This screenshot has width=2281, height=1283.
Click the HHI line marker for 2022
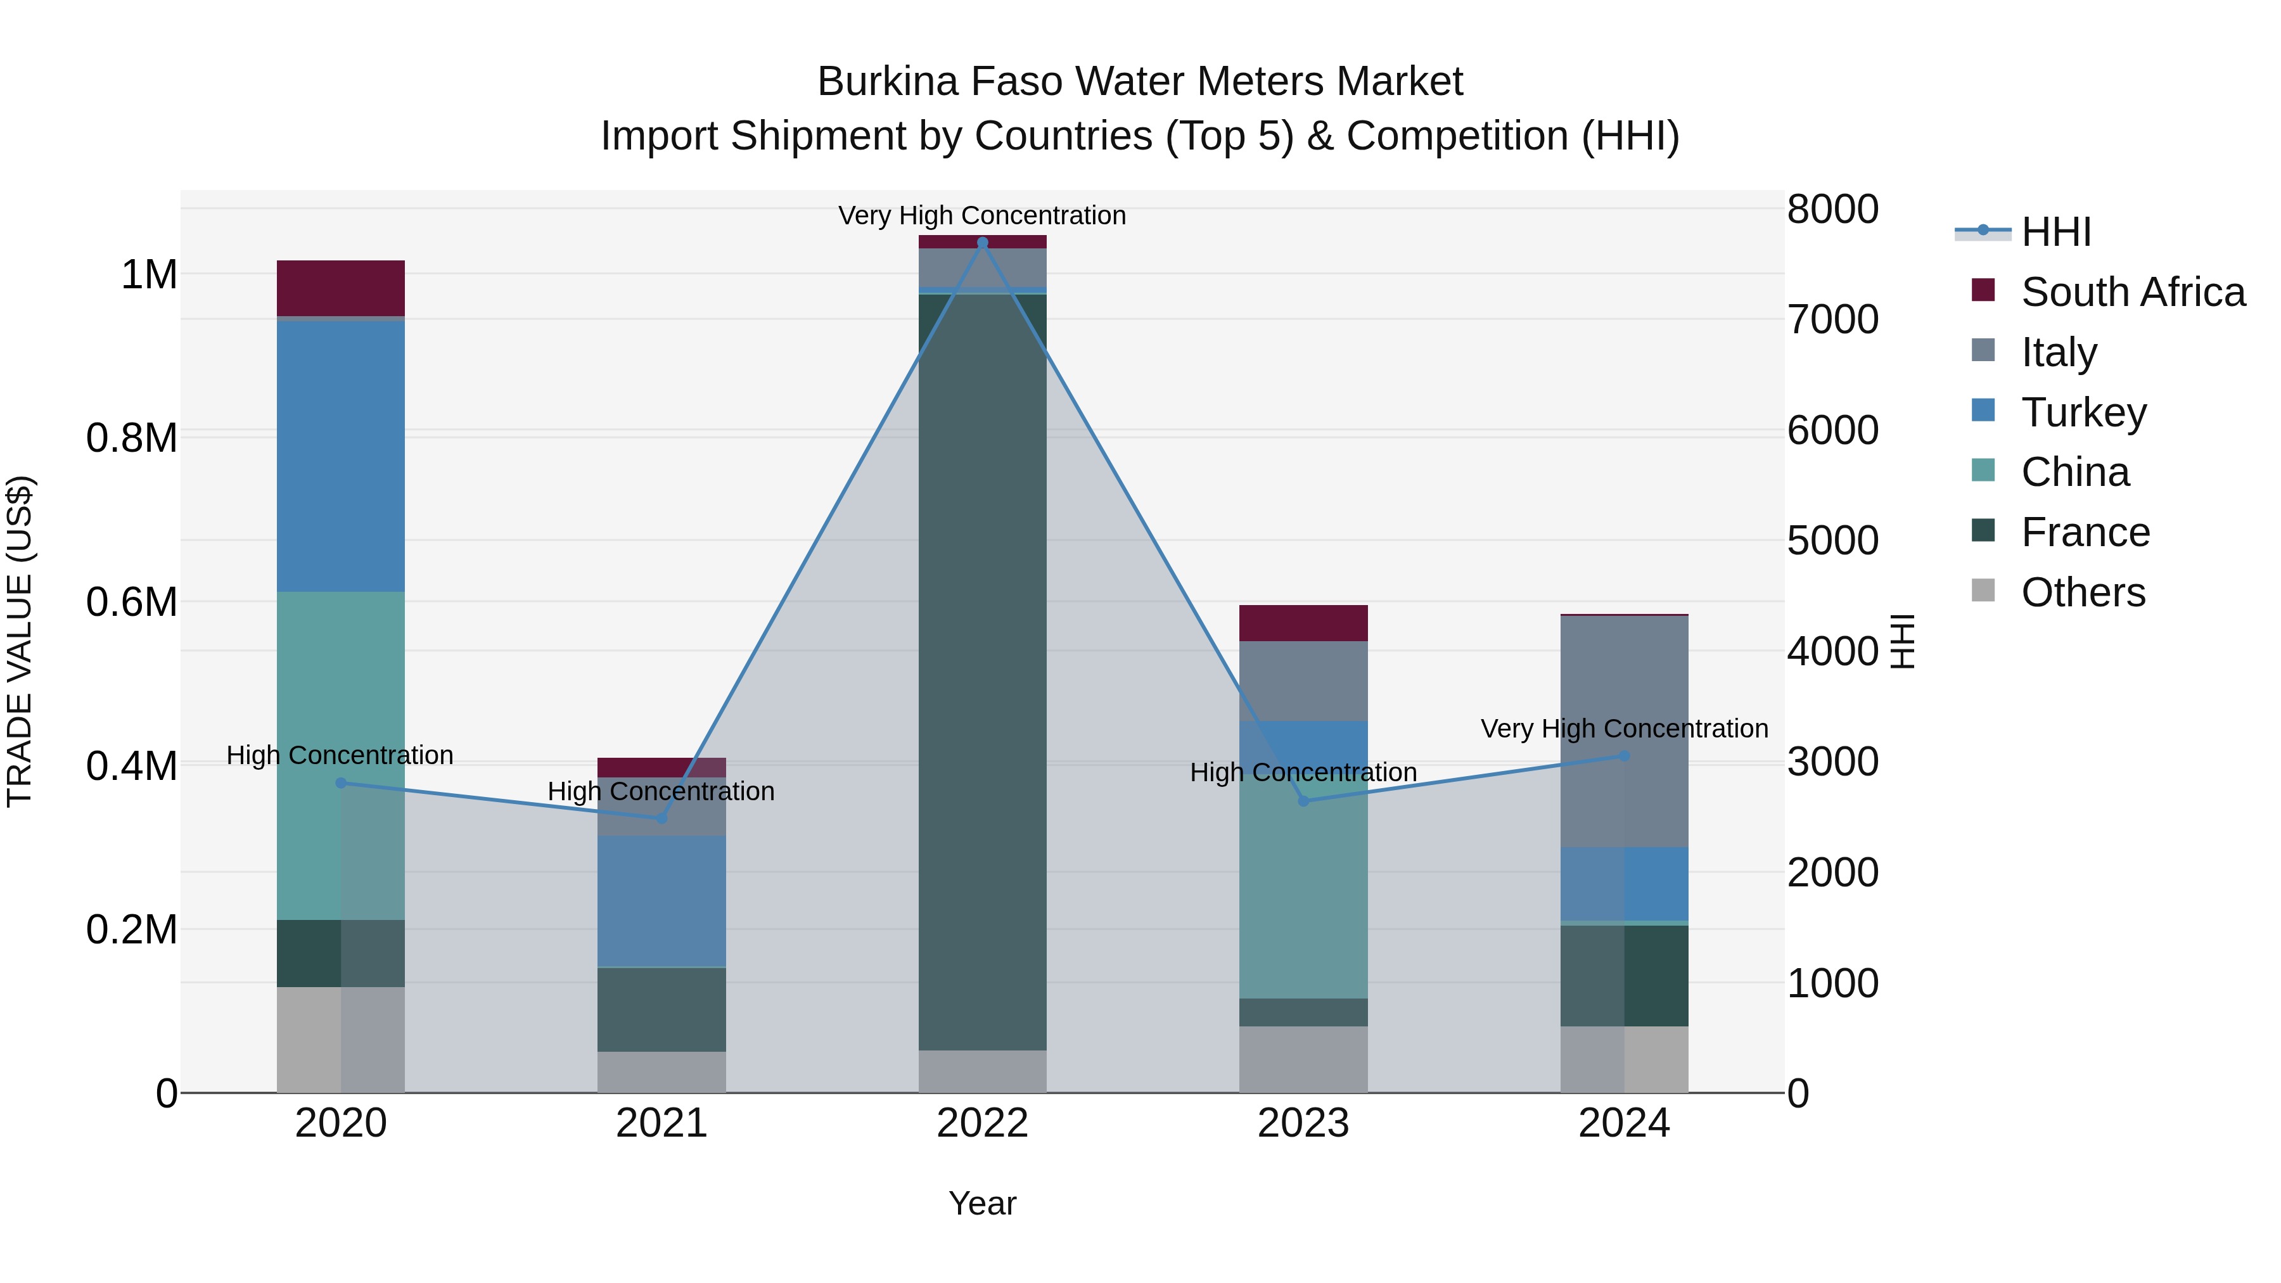click(982, 243)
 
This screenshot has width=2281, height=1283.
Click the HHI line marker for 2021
click(661, 817)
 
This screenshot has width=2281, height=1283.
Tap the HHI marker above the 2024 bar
click(1624, 756)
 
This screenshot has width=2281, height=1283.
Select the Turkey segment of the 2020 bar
click(341, 456)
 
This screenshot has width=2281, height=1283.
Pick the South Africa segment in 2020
click(341, 288)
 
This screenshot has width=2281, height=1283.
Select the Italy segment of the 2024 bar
click(1624, 731)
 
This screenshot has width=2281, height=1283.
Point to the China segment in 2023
click(1303, 894)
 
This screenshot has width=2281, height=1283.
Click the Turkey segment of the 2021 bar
click(661, 900)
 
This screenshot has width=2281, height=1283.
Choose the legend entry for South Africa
click(2132, 292)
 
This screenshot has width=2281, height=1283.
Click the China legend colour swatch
click(1983, 470)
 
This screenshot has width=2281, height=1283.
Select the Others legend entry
click(2083, 592)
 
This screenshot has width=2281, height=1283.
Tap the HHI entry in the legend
click(2055, 232)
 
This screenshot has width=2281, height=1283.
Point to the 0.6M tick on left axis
click(132, 602)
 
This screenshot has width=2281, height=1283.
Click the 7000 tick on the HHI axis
click(1832, 320)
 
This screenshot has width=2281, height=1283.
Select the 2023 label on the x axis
click(1303, 1123)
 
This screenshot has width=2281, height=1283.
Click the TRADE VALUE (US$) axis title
click(20, 641)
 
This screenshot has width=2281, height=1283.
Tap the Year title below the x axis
click(982, 1203)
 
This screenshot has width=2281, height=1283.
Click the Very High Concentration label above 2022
click(982, 216)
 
